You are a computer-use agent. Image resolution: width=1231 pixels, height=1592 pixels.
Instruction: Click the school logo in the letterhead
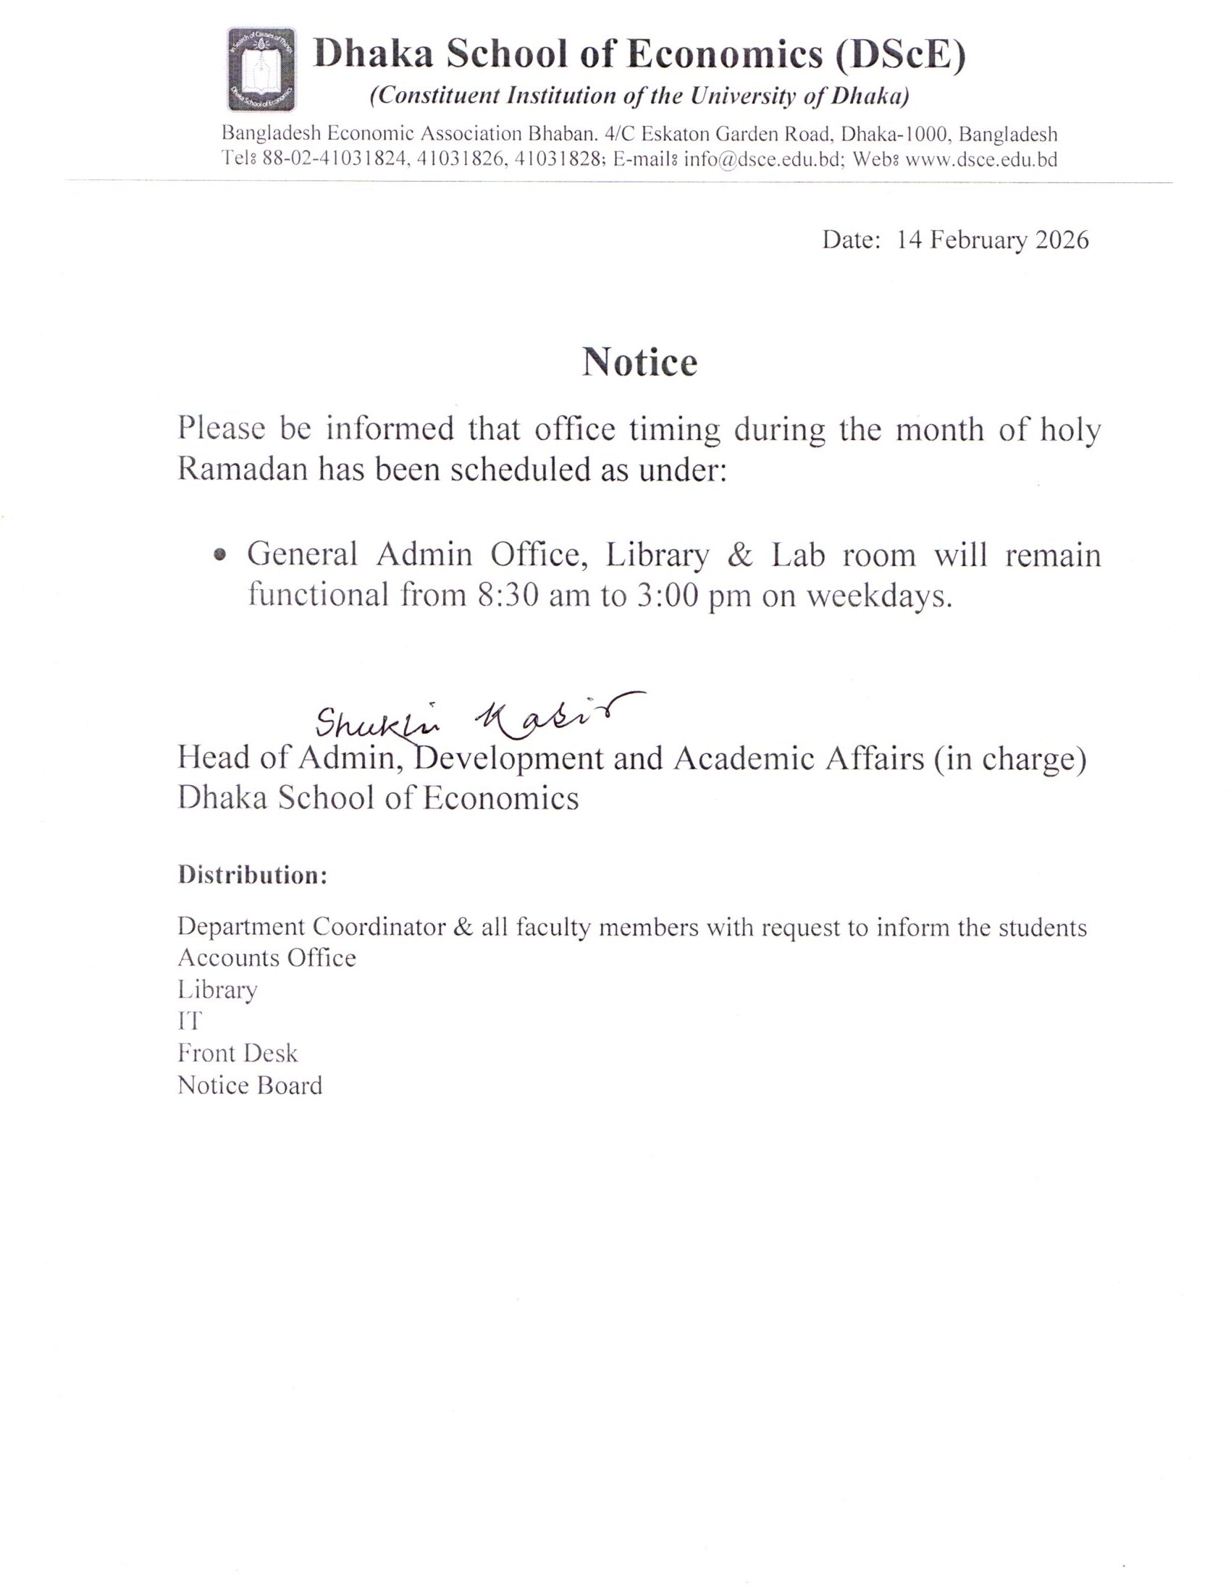261,69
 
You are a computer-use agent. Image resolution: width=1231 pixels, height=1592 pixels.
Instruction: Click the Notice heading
639,363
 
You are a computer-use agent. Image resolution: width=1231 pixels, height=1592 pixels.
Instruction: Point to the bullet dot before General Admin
219,556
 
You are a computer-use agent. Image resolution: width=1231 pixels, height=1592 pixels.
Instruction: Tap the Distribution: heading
252,875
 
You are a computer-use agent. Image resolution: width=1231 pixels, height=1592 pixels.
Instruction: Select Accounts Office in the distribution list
267,957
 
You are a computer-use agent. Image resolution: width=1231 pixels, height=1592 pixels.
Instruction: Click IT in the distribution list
189,1021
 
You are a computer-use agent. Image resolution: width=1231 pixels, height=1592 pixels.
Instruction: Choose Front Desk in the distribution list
238,1054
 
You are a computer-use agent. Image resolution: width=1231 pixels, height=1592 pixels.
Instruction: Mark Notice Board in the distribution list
249,1085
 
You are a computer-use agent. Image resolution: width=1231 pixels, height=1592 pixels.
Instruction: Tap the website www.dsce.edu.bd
981,160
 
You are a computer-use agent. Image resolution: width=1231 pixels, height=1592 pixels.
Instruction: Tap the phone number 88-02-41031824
332,160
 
